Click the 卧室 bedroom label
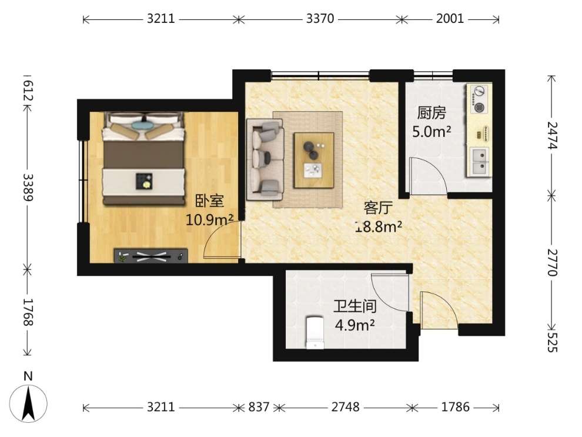[x=210, y=201]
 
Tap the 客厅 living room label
[x=378, y=208]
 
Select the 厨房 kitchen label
[x=432, y=113]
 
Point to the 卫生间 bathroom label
[x=355, y=306]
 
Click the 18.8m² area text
[x=378, y=226]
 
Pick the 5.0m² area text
[x=432, y=131]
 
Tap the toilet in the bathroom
[x=315, y=332]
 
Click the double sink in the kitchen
[x=480, y=162]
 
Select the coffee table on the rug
[x=314, y=160]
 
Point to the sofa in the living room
[x=265, y=159]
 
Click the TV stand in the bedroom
[x=150, y=256]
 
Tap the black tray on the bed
[x=144, y=181]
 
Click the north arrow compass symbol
[x=28, y=403]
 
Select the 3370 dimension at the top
[x=320, y=19]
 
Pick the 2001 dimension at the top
[x=450, y=19]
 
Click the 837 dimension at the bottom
[x=259, y=407]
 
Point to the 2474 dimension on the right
[x=552, y=135]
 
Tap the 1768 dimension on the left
[x=28, y=312]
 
